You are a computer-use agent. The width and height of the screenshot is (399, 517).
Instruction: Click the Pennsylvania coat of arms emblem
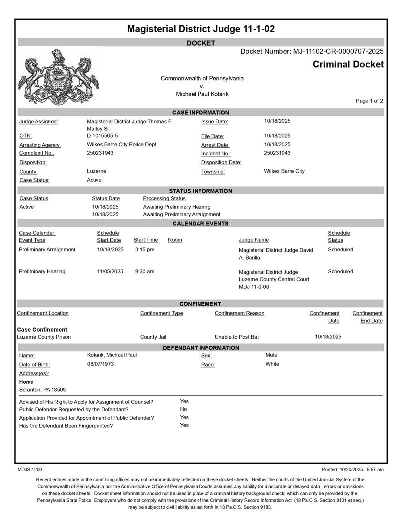pos(58,76)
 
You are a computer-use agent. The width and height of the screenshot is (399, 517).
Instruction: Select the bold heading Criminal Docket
pos(348,64)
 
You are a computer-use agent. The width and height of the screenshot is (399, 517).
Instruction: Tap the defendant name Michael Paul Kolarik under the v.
pos(202,94)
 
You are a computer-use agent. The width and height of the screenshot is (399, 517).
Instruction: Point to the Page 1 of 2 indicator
pos(369,101)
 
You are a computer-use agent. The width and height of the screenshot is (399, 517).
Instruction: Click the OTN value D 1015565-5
pos(102,135)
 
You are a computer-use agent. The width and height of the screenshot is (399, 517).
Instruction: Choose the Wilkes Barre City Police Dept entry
pos(121,144)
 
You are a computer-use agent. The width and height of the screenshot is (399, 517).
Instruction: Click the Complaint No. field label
pos(37,153)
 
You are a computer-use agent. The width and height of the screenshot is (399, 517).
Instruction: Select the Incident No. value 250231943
pos(277,153)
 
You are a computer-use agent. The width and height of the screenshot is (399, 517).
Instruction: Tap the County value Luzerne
pos(96,171)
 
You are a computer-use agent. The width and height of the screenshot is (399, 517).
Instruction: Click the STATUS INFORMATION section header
pos(200,191)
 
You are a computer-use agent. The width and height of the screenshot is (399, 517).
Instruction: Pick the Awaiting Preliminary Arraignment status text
pos(182,214)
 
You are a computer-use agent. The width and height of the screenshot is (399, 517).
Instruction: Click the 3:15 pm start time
pos(145,249)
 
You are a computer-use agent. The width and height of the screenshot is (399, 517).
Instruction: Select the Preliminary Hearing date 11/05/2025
pos(110,271)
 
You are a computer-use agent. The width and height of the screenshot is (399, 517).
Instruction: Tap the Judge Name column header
pos(254,240)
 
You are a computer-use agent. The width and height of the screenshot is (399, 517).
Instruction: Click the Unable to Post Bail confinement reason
pos(237,337)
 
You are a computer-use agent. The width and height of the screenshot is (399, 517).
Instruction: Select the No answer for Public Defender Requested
pos(183,409)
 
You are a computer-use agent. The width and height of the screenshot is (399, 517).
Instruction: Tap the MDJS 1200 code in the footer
pos(30,470)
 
